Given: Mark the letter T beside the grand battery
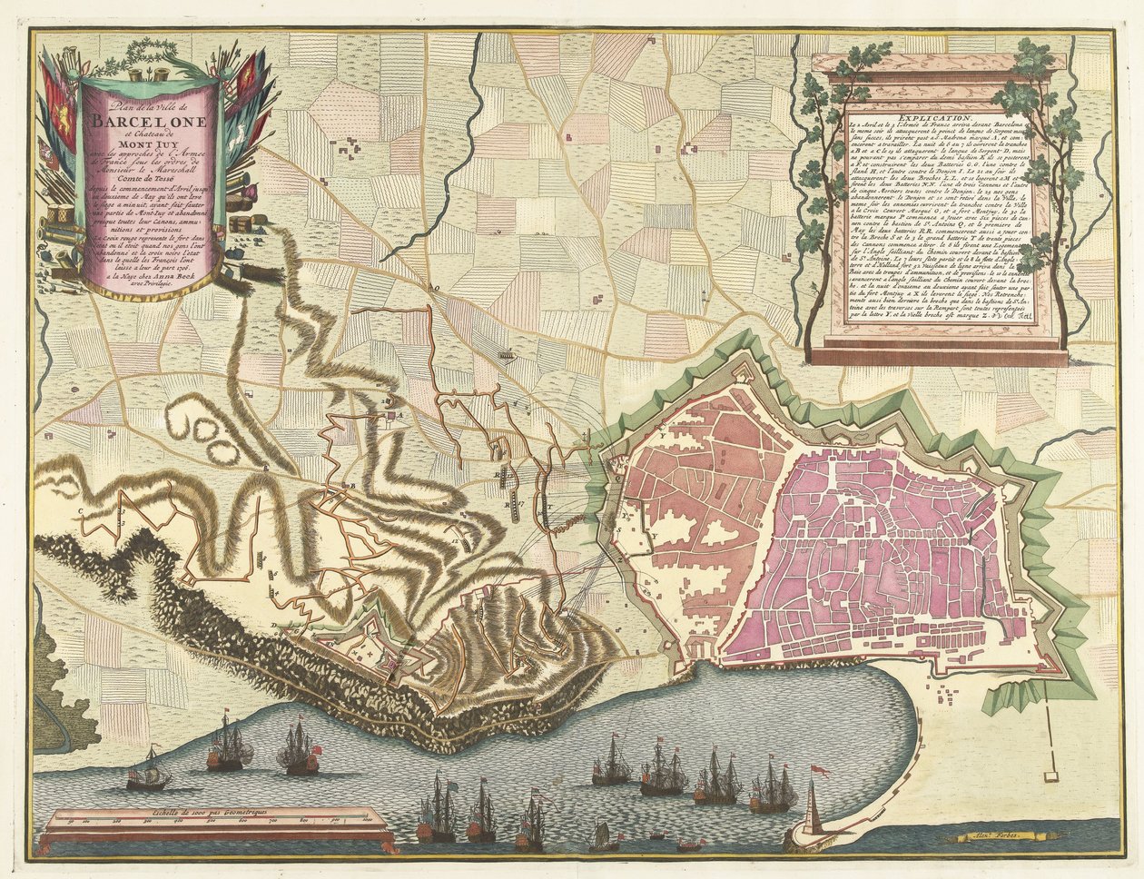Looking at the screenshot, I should [x=548, y=499].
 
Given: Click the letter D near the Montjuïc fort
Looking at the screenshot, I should [x=273, y=627].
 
